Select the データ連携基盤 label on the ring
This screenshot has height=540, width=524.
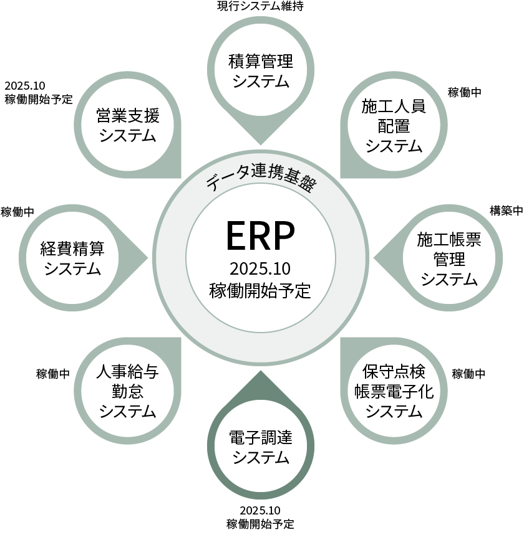(x=261, y=178)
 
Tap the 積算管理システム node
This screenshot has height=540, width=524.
(x=261, y=72)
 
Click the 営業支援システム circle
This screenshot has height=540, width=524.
(x=127, y=125)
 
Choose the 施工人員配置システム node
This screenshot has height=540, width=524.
(x=394, y=125)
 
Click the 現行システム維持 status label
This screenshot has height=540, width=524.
(x=260, y=7)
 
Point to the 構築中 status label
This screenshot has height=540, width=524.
(x=506, y=211)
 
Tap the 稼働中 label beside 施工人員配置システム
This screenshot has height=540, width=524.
(x=465, y=92)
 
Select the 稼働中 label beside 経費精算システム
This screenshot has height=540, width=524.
(x=17, y=212)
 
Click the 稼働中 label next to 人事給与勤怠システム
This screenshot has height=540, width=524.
(x=53, y=374)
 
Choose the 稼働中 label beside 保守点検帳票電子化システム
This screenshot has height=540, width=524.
(x=468, y=374)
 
